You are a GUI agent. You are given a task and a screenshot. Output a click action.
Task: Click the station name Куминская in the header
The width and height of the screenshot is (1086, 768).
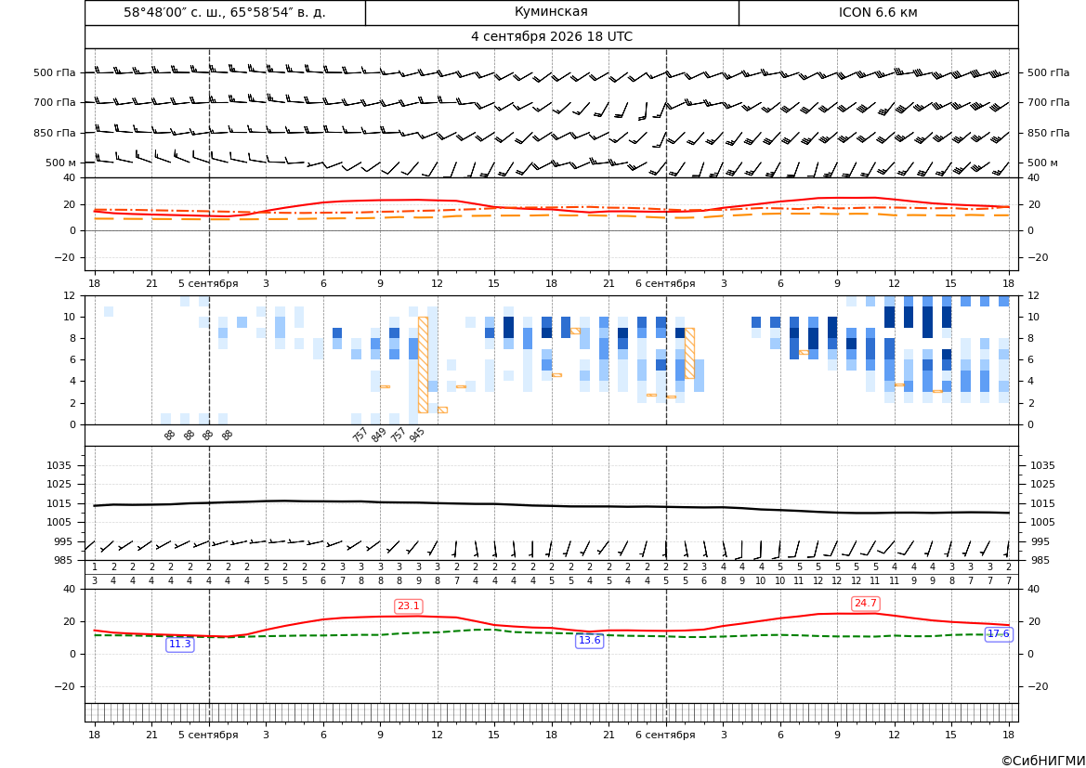tap(551, 12)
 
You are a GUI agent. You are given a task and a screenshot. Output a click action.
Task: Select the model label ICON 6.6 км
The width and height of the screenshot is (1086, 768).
tap(878, 12)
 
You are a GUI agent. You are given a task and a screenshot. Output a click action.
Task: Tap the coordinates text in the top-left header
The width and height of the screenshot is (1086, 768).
tap(225, 12)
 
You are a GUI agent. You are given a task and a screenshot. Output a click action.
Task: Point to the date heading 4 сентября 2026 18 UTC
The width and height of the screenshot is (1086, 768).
tap(551, 37)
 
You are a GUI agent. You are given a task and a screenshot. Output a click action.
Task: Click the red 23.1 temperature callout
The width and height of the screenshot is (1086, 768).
tap(408, 606)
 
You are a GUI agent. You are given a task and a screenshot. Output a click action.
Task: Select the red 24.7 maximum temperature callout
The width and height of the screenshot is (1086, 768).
tap(865, 604)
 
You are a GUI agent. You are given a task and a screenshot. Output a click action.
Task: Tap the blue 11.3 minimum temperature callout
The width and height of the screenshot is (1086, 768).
tap(179, 644)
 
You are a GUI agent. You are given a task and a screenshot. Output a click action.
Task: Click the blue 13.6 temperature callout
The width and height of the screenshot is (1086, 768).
tap(589, 641)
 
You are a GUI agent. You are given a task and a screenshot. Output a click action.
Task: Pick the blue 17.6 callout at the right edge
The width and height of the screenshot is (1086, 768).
tap(999, 634)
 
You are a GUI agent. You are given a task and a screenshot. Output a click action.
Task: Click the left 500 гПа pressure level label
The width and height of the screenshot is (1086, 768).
tap(55, 72)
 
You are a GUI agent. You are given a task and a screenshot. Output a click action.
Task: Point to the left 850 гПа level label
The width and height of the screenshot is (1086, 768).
tap(55, 133)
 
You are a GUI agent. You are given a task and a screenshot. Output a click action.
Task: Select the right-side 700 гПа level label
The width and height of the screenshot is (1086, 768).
tap(1048, 102)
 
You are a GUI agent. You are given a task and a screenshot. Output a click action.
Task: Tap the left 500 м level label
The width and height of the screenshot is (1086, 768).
tap(61, 163)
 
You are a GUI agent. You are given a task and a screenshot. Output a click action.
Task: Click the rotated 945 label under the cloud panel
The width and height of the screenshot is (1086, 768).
tap(416, 435)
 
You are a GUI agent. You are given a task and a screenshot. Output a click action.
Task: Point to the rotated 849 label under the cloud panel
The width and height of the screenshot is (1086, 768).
tap(378, 435)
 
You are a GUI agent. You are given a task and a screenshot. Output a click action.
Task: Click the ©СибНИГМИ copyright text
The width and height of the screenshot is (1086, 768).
tap(1043, 761)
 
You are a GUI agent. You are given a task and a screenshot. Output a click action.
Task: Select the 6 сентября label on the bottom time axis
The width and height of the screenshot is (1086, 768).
tap(665, 735)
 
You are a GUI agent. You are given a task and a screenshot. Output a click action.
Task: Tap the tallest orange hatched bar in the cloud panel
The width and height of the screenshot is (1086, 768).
tap(424, 365)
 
